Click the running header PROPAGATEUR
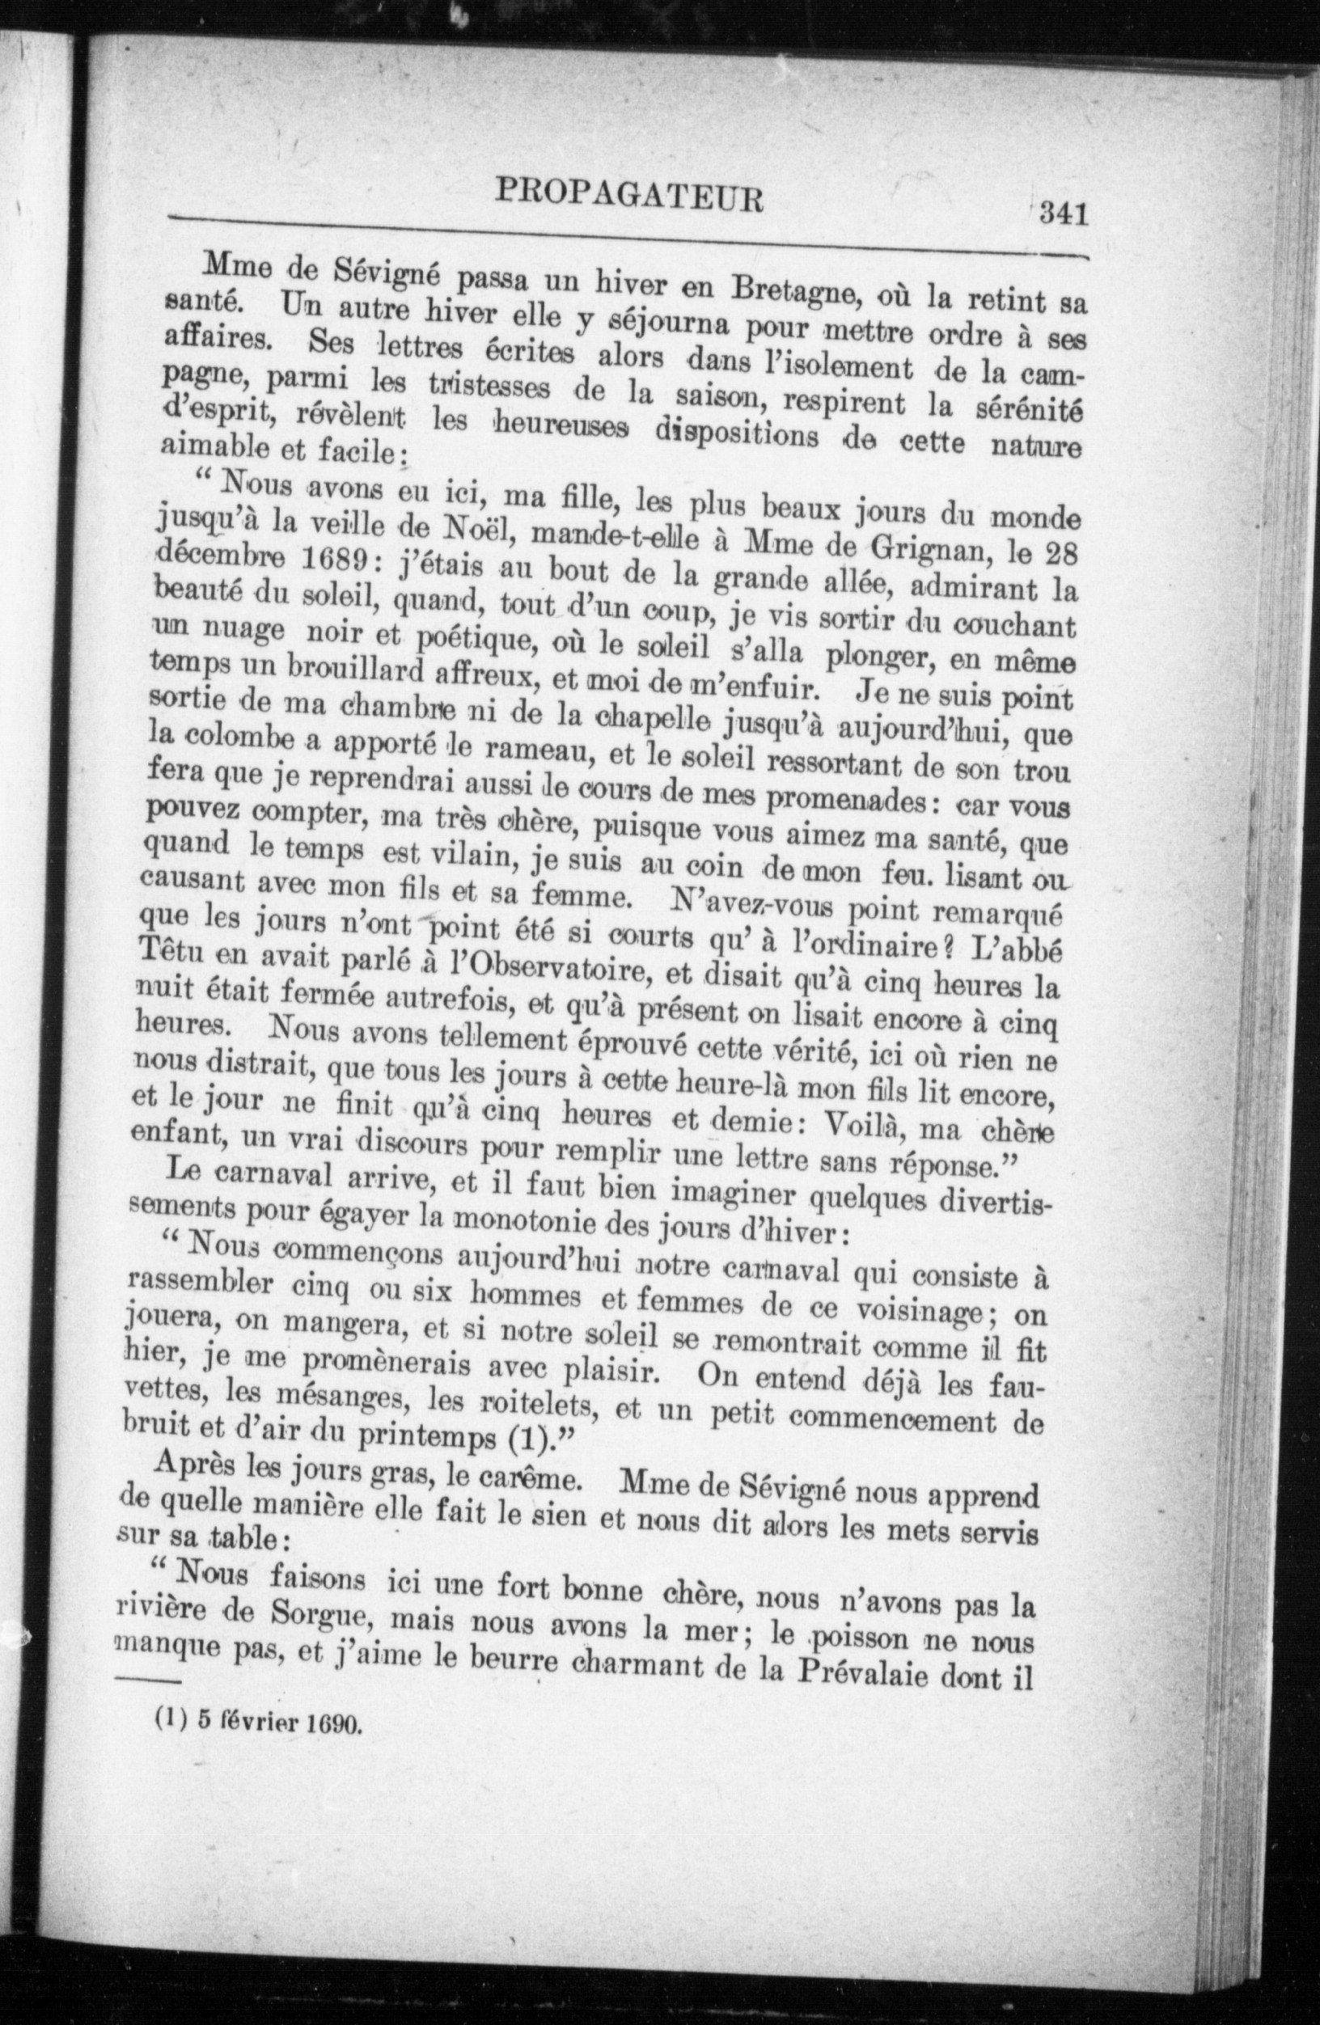click(629, 197)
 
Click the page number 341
click(1063, 213)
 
